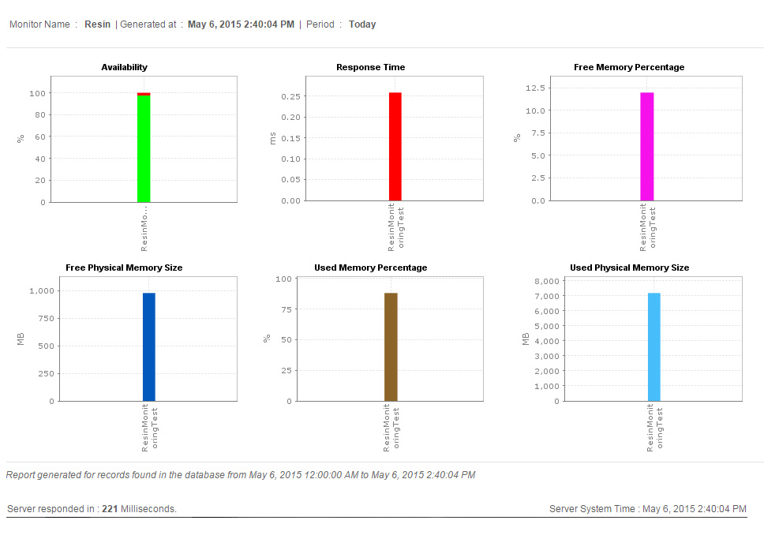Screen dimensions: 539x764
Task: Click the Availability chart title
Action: [x=124, y=67]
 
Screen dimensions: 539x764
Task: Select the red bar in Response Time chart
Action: [x=395, y=146]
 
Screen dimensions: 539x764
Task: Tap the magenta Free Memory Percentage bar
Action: [x=647, y=146]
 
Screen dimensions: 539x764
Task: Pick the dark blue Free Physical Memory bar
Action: [x=149, y=346]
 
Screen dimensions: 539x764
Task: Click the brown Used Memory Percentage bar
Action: [x=391, y=346]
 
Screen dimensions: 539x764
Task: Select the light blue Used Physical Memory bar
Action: [x=654, y=346]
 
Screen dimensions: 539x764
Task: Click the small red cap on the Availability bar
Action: [x=144, y=94]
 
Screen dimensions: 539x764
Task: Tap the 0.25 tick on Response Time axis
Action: [x=292, y=96]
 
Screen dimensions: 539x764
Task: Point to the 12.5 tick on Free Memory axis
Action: [x=537, y=88]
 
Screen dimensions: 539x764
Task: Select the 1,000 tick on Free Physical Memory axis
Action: [x=41, y=291]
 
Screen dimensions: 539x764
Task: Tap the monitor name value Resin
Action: [x=98, y=24]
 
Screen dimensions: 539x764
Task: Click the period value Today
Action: [x=362, y=24]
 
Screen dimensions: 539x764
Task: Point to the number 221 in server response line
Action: [x=110, y=509]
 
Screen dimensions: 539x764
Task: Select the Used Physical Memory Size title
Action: [x=629, y=268]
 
